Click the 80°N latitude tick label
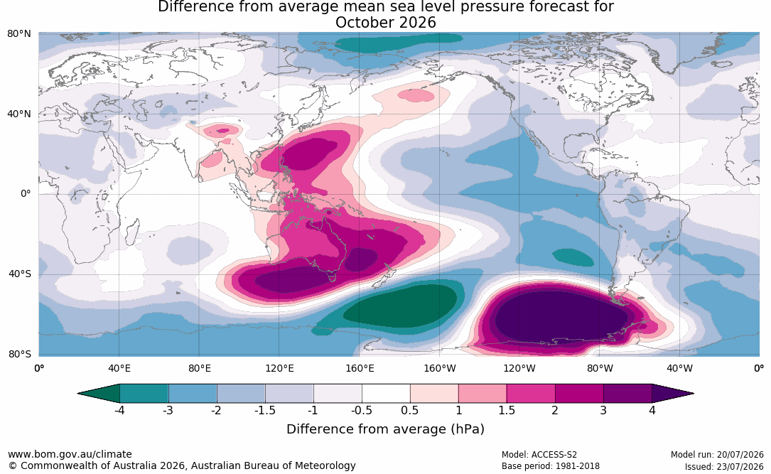(18, 33)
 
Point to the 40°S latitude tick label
(20, 274)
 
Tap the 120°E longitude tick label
(279, 368)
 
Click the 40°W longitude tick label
(679, 368)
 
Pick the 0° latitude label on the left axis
(26, 194)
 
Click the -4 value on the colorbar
(119, 410)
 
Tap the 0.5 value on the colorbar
(409, 410)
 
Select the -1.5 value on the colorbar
(264, 410)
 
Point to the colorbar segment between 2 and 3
(579, 394)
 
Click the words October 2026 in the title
(385, 23)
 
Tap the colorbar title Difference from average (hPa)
(385, 429)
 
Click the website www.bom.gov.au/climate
(70, 454)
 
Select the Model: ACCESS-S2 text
(539, 455)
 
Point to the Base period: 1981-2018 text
(551, 466)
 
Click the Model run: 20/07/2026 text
(717, 455)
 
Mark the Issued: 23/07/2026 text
(724, 466)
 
